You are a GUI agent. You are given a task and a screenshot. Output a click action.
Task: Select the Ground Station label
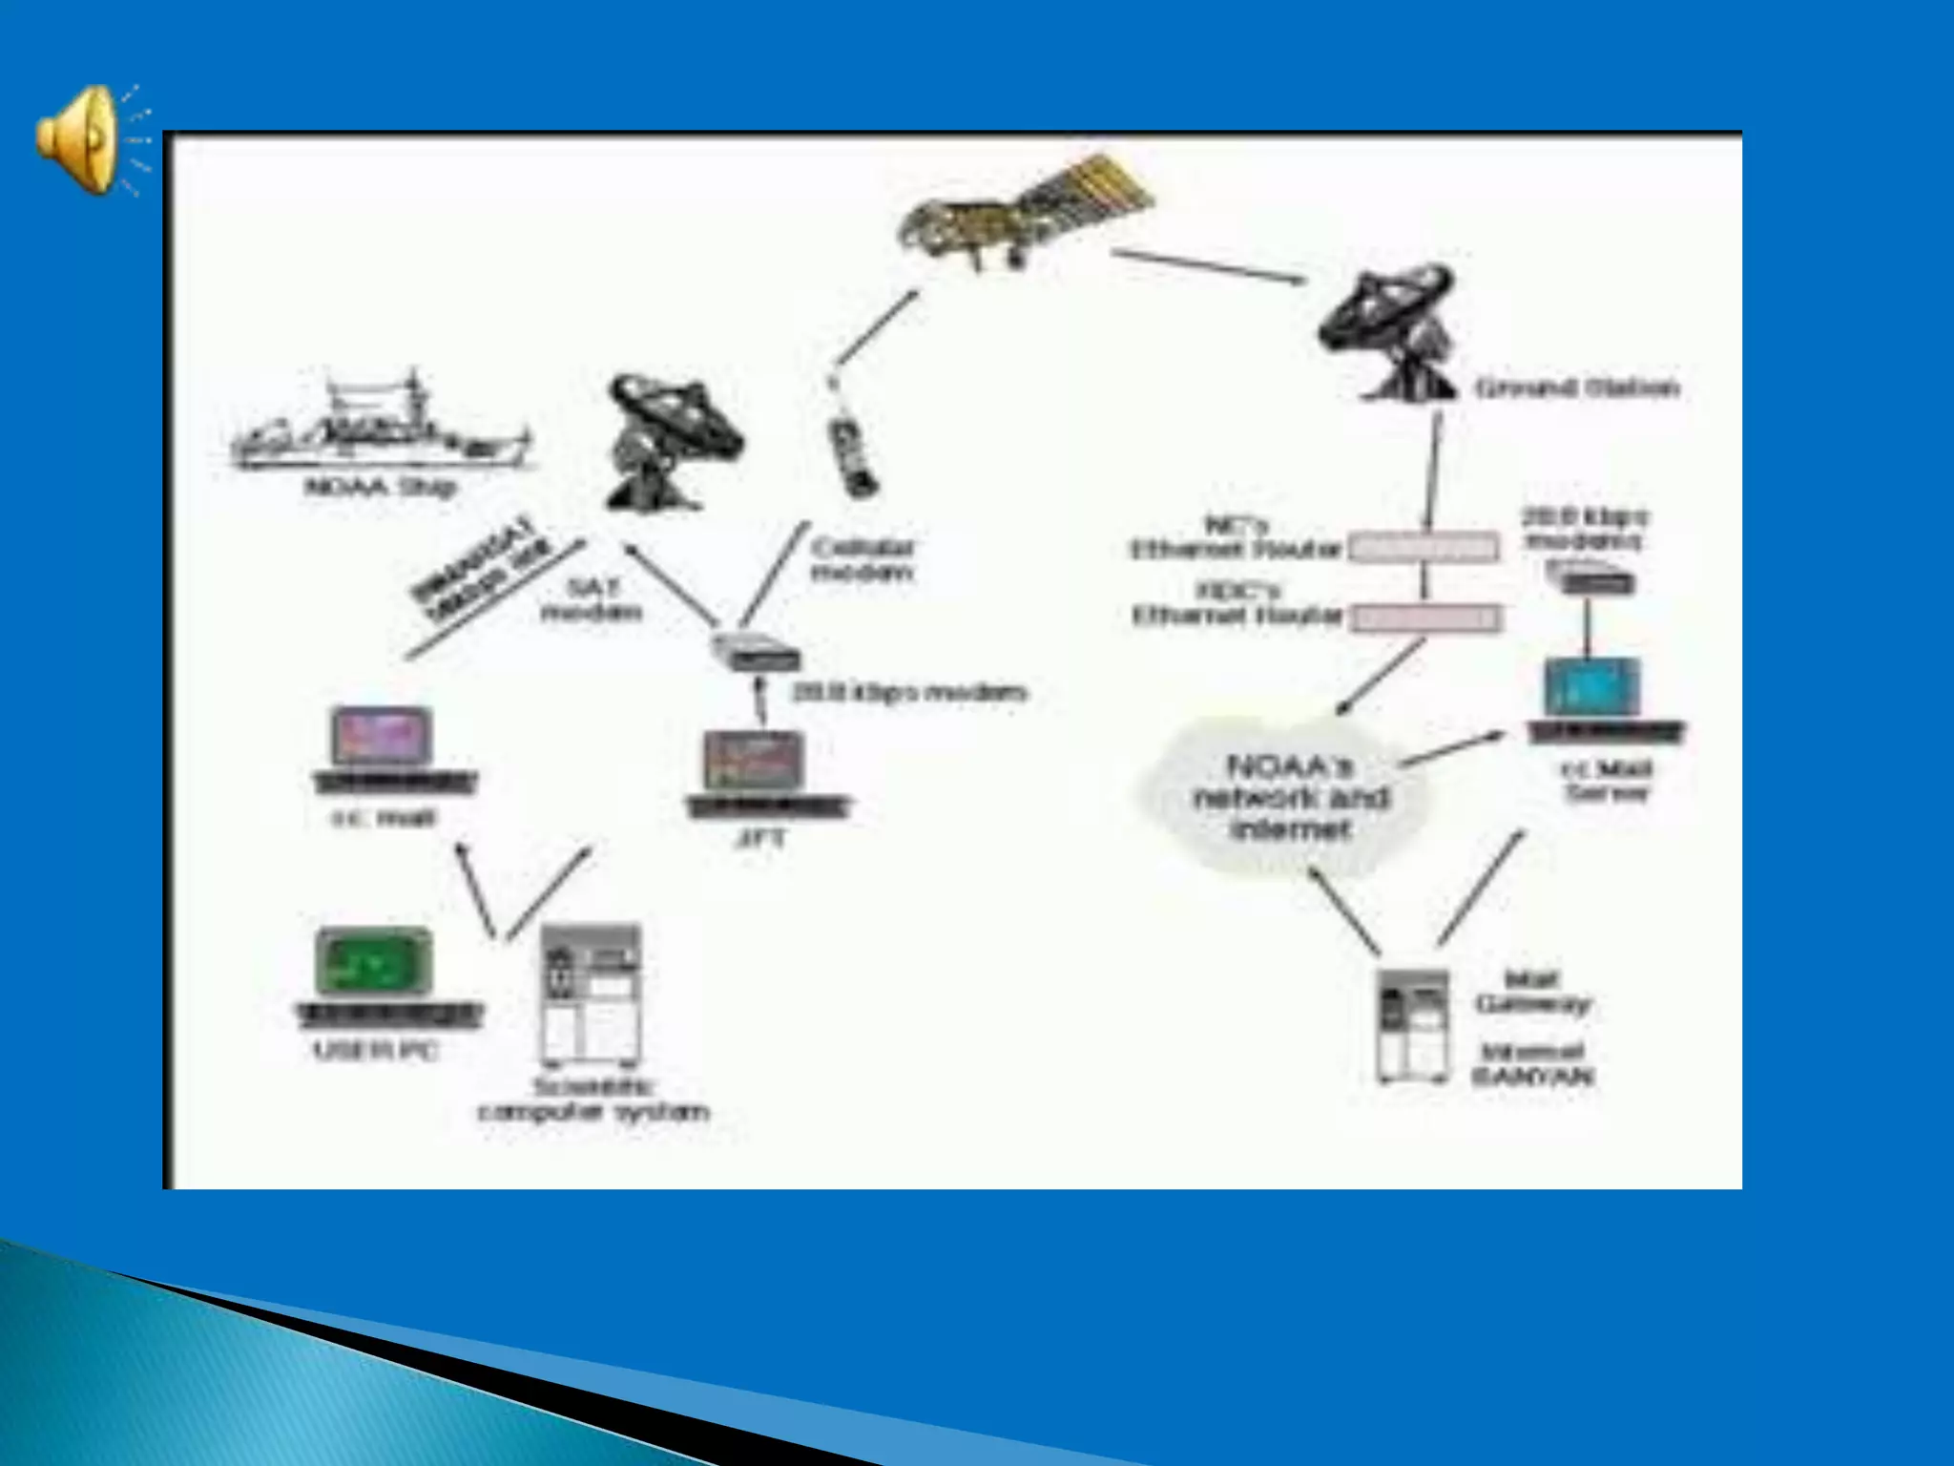point(1576,388)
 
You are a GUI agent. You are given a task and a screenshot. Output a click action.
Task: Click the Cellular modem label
point(863,560)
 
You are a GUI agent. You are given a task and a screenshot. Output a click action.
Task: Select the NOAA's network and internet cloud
point(1288,797)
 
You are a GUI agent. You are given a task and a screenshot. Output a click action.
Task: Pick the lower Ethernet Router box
point(1424,618)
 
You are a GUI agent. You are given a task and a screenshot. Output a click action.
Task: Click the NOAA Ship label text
point(380,488)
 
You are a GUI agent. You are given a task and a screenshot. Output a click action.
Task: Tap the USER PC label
point(376,1052)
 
